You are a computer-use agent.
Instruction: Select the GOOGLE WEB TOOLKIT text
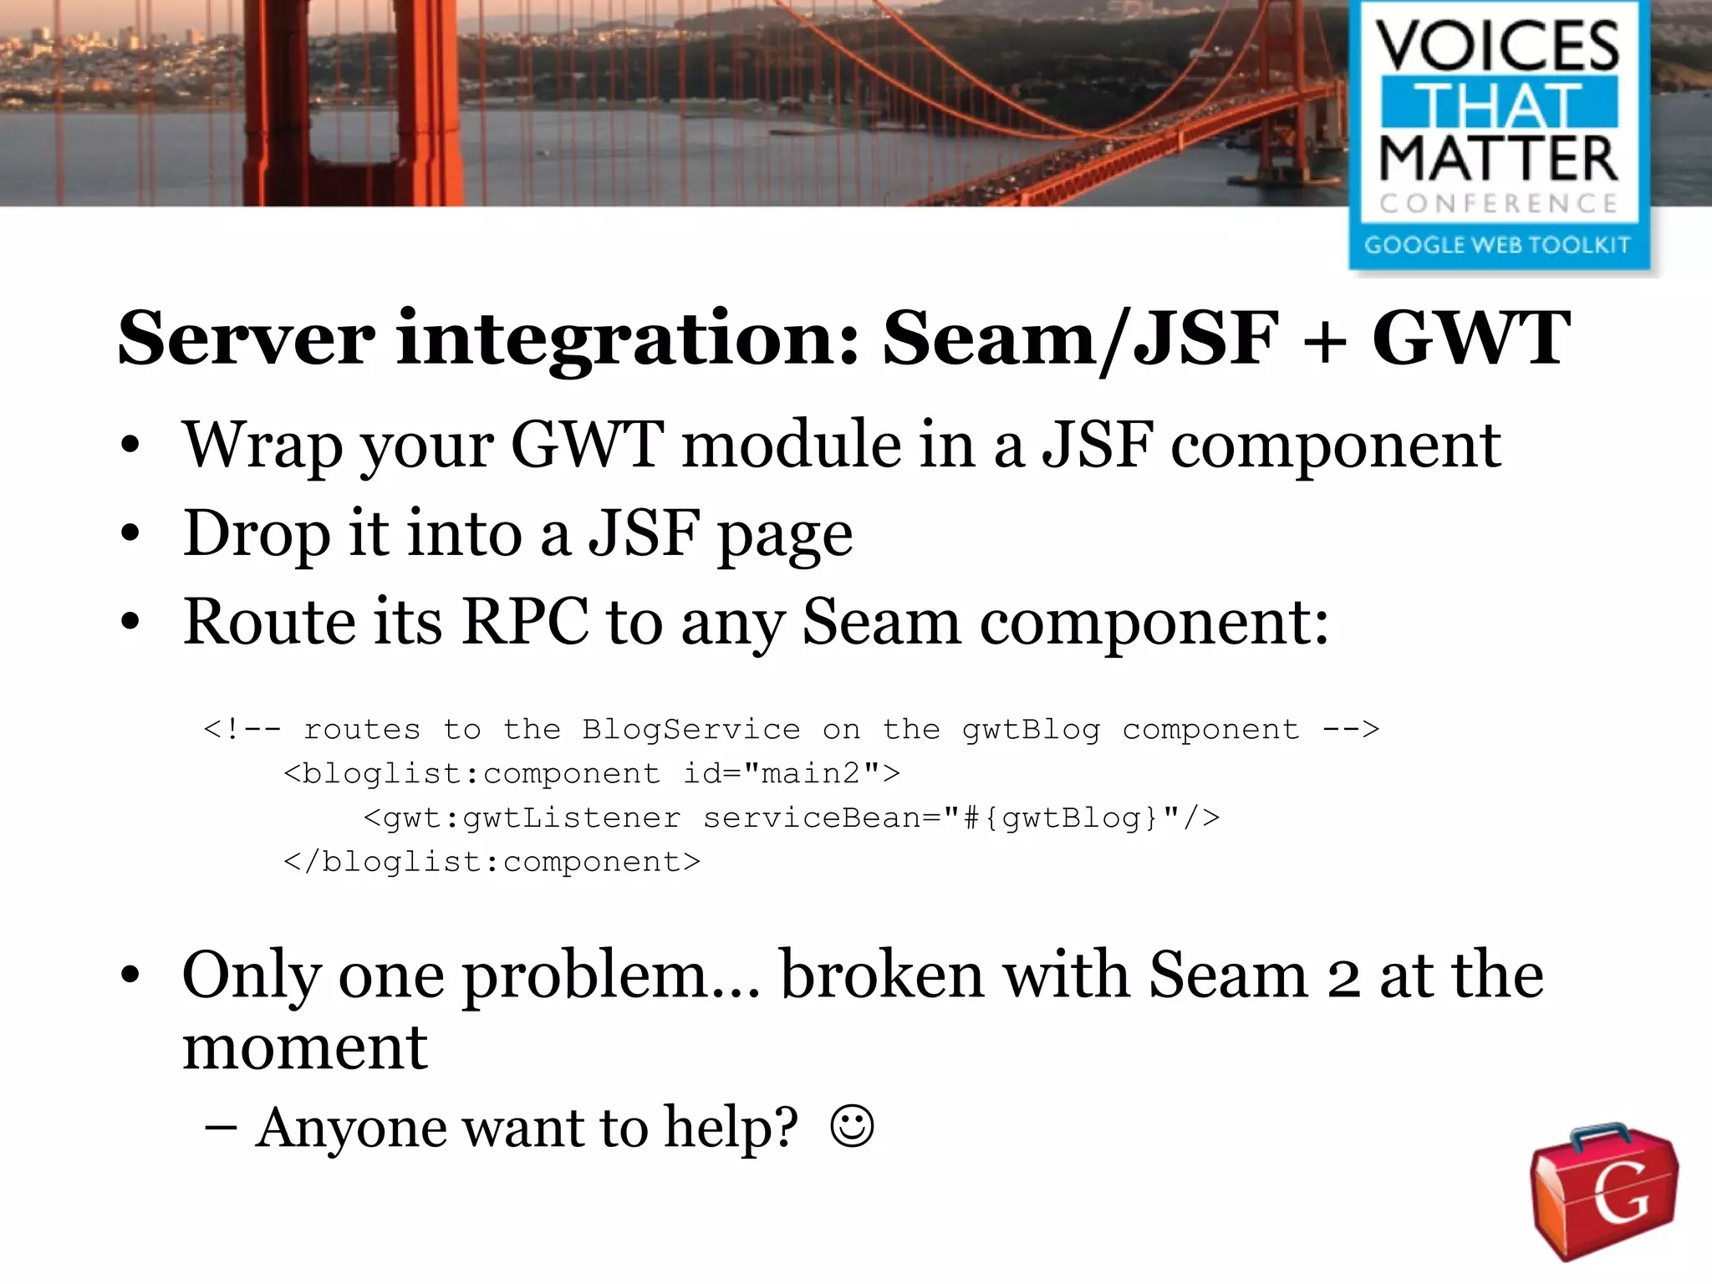pyautogui.click(x=1497, y=244)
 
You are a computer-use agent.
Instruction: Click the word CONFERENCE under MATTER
pyautogui.click(x=1498, y=203)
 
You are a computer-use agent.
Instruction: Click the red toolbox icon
pyautogui.click(x=1604, y=1190)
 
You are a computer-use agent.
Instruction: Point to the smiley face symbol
pyautogui.click(x=852, y=1127)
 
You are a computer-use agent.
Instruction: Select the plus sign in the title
pyautogui.click(x=1324, y=339)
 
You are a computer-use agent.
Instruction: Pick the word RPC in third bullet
pyautogui.click(x=525, y=622)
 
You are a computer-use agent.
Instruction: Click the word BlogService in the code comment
pyautogui.click(x=690, y=730)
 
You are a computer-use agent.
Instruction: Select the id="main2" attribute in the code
pyautogui.click(x=791, y=773)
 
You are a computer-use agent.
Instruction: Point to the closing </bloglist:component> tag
pyautogui.click(x=492, y=862)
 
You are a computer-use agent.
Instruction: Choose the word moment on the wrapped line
pyautogui.click(x=305, y=1047)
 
